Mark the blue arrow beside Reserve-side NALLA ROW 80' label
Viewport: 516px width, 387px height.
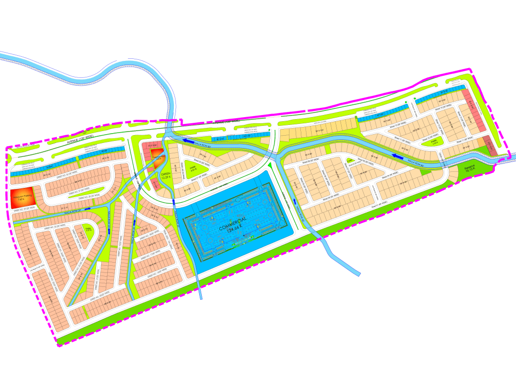[397, 155]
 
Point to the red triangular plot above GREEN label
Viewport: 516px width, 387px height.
[156, 153]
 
